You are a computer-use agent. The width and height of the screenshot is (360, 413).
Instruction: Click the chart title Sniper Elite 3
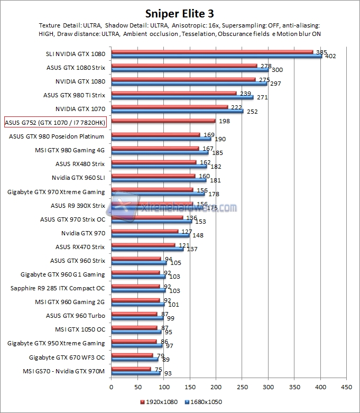point(179,12)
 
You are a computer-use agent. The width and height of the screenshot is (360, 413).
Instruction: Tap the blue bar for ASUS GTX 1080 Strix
point(189,69)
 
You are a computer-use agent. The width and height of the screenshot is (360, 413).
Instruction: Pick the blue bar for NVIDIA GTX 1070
point(177,111)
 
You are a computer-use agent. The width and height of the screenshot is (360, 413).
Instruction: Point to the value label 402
point(330,57)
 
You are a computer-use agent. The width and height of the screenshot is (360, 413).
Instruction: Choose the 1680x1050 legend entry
point(204,402)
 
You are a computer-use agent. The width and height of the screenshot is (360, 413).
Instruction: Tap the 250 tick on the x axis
point(242,387)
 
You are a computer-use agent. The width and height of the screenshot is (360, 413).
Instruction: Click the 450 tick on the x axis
point(346,387)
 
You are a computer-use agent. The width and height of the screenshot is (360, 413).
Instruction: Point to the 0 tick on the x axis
point(111,387)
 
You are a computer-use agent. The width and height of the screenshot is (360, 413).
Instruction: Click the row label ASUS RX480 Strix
point(80,164)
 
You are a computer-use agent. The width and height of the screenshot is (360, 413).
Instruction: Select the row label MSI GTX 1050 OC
point(80,329)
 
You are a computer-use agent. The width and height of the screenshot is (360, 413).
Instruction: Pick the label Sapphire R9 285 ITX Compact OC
point(58,288)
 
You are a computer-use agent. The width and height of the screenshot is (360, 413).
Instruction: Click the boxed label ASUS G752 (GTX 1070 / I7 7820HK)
point(54,123)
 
